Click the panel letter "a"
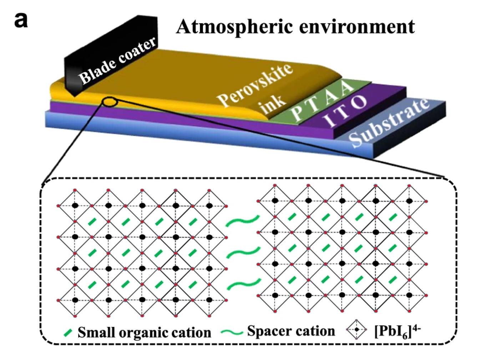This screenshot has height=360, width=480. point(21,21)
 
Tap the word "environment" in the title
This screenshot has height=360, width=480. point(357,27)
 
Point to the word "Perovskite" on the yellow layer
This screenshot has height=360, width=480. point(255,85)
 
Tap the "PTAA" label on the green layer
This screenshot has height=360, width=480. point(323,101)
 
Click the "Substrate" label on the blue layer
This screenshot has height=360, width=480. point(388,122)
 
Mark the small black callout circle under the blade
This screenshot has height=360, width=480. point(110,102)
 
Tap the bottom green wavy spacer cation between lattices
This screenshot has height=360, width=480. point(244,284)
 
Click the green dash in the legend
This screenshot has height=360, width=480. point(68,332)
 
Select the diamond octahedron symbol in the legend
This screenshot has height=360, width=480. point(357,330)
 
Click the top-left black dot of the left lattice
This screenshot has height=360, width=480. point(75,206)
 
